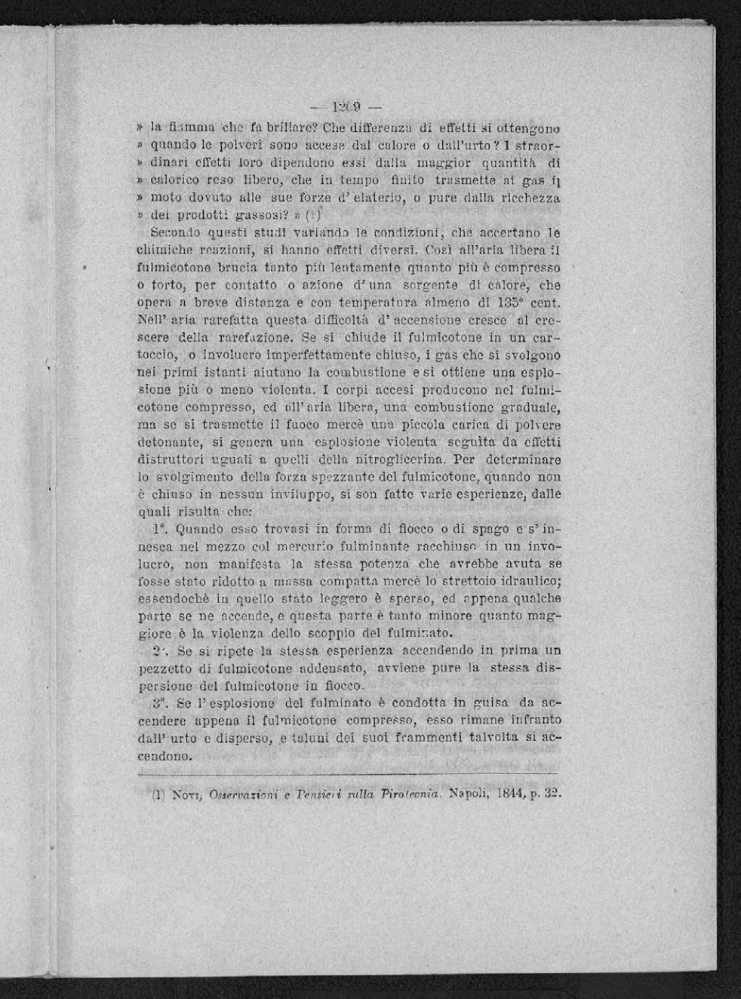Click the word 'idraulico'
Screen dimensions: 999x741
coord(528,581)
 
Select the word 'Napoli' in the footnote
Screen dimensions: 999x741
coord(470,795)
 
